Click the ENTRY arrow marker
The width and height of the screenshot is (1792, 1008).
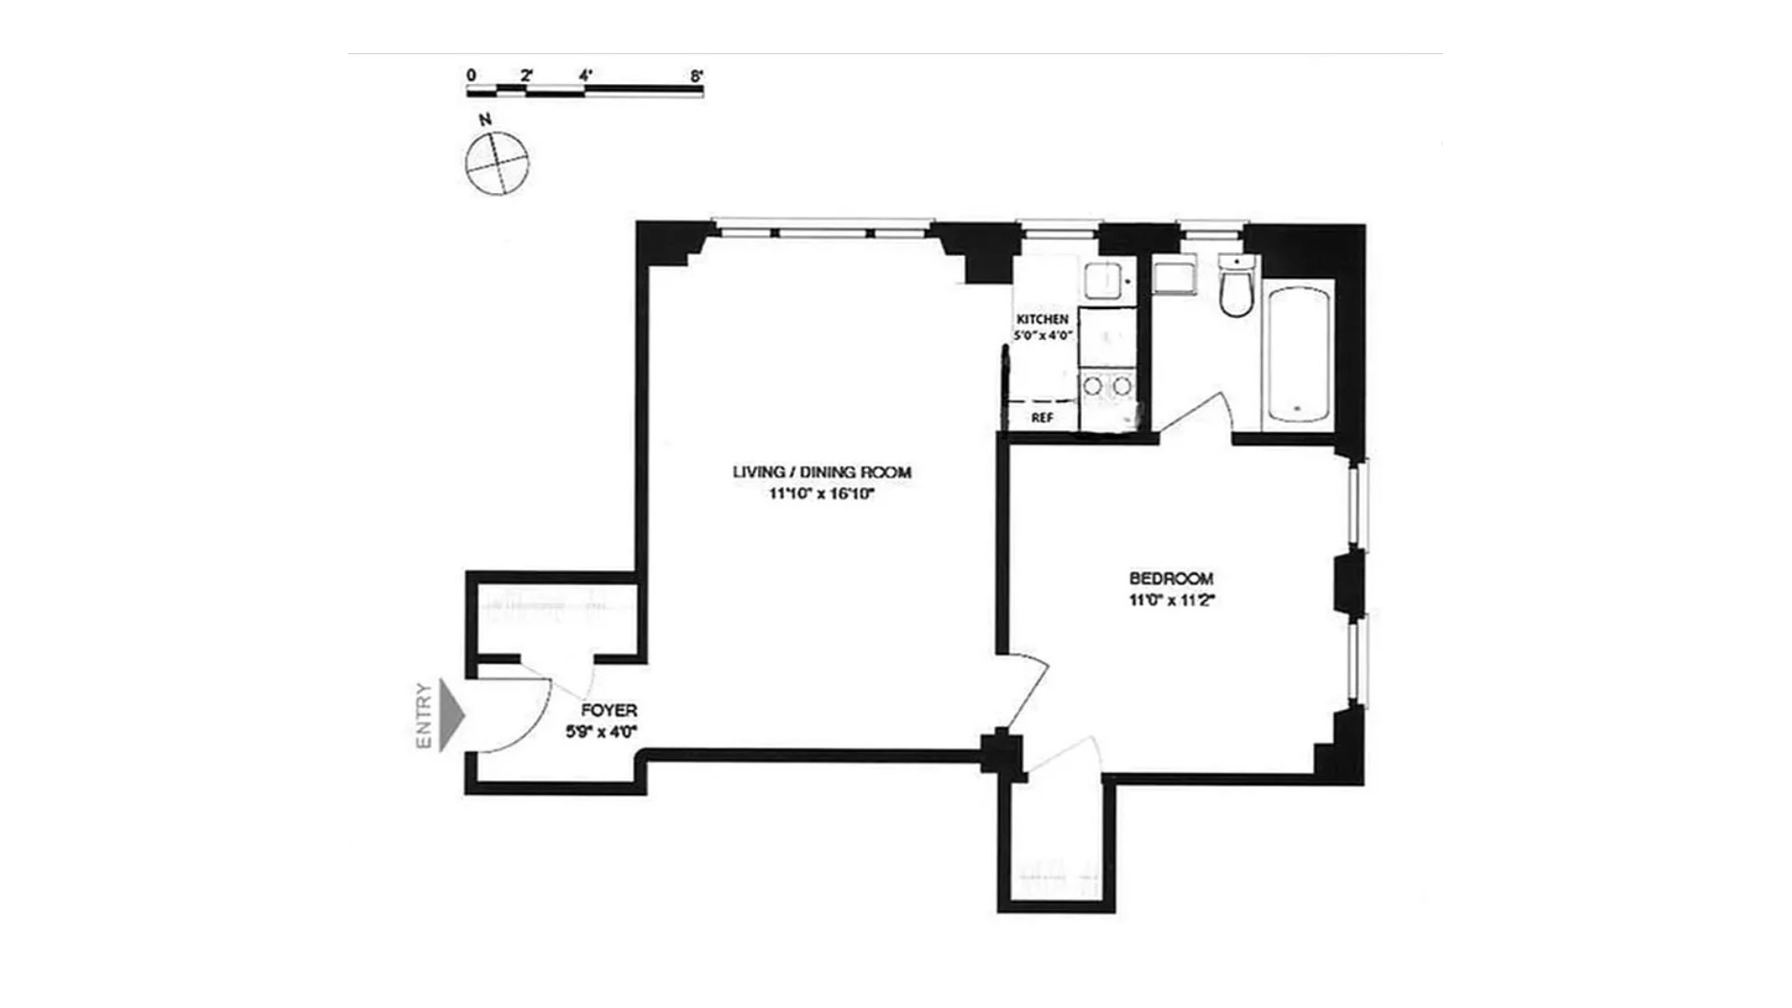click(x=452, y=716)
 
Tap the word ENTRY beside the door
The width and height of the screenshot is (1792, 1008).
click(x=424, y=716)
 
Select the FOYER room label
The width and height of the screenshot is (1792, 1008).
click(x=609, y=711)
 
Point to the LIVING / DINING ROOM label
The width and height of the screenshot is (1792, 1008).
click(x=821, y=472)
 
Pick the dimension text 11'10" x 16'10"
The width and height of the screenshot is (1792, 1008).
click(x=821, y=495)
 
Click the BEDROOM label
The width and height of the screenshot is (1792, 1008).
click(x=1171, y=579)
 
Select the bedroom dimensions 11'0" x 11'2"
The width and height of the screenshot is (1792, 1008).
click(x=1171, y=601)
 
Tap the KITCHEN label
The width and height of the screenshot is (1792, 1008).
click(x=1043, y=319)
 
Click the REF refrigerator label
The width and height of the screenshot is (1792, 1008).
click(x=1043, y=418)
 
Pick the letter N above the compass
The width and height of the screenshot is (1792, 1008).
click(x=484, y=119)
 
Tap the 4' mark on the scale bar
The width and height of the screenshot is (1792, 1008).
click(x=585, y=75)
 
